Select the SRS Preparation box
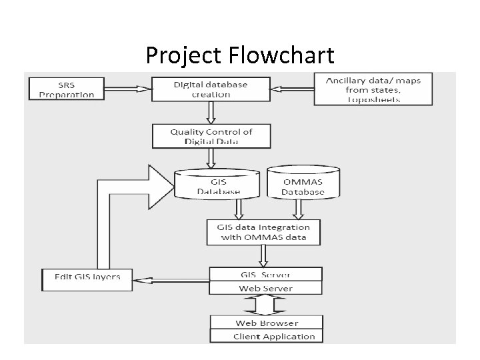click(66, 89)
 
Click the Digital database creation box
click(210, 89)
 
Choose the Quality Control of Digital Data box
click(211, 136)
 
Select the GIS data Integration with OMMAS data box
click(263, 232)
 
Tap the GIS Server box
click(265, 274)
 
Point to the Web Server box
click(265, 288)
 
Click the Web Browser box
click(266, 323)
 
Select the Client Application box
click(266, 336)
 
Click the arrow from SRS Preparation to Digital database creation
click(125, 88)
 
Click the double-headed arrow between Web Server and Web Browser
click(266, 305)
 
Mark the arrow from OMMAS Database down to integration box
click(298, 209)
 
